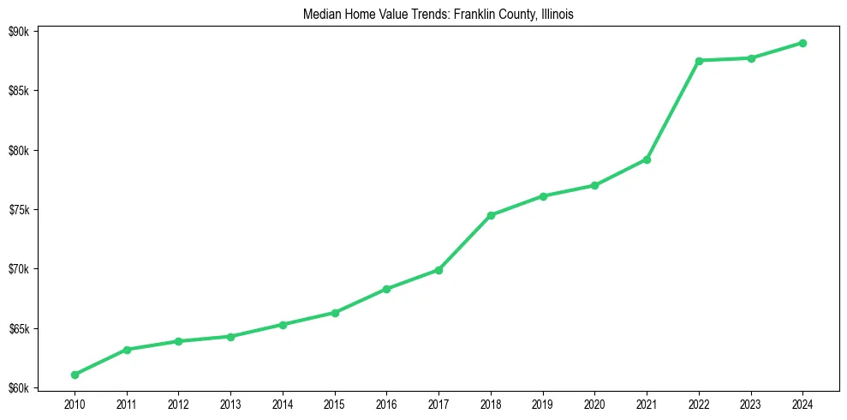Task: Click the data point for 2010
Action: coord(75,375)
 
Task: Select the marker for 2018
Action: coord(491,215)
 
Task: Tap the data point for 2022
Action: coord(699,61)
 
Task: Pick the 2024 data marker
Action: coord(803,43)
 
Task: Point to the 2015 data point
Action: coord(335,313)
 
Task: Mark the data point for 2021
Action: coord(647,159)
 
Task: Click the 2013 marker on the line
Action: coord(231,336)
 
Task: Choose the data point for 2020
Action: coord(594,185)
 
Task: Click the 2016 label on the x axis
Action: coord(387,404)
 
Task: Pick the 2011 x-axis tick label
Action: coord(127,404)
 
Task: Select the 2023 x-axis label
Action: coord(751,404)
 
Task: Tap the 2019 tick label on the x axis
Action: coord(543,404)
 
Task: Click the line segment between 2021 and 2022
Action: coord(673,110)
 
